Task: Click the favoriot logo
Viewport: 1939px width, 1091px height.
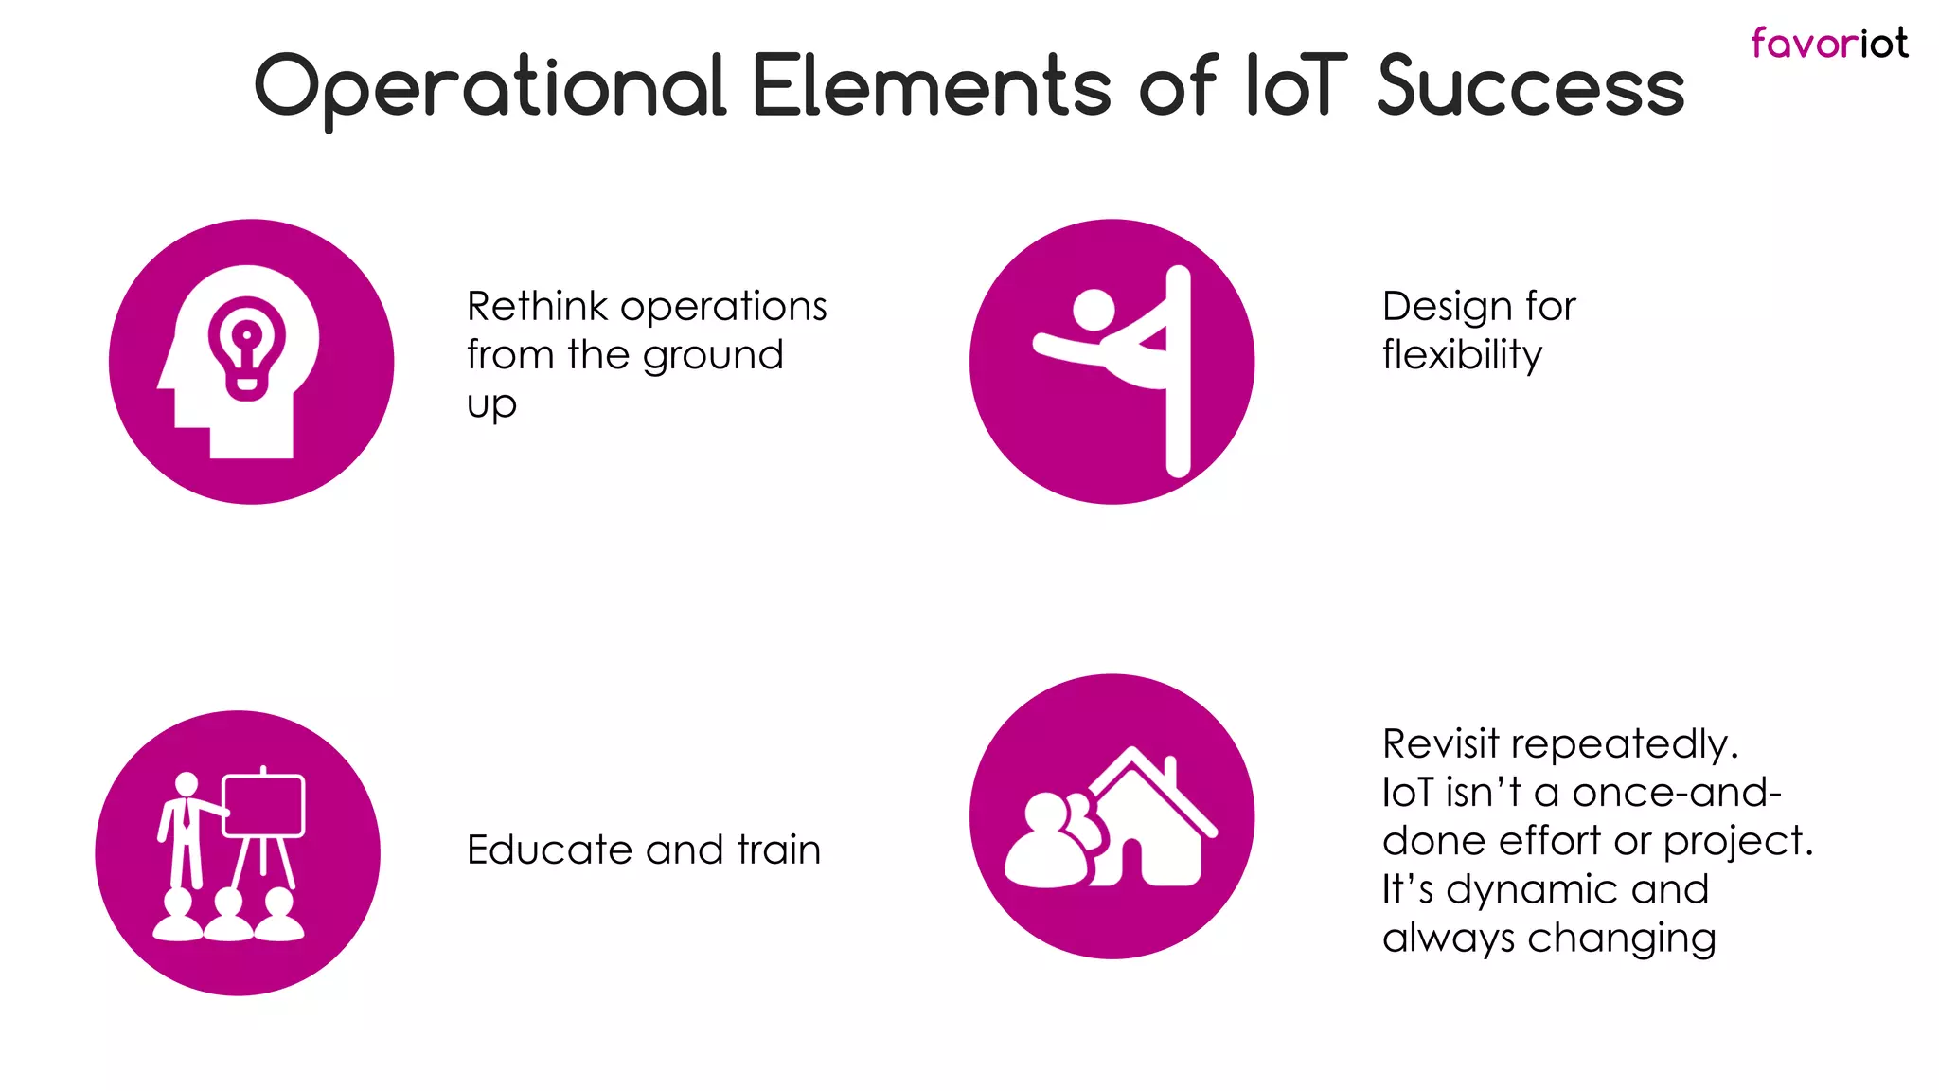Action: [1828, 44]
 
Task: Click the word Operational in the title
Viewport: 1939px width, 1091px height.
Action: [489, 87]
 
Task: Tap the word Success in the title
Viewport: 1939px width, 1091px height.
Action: [1530, 87]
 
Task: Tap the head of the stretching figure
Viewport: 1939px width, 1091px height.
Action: [1094, 310]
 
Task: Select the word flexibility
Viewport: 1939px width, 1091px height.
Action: [1462, 355]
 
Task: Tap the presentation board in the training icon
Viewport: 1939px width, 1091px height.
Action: [263, 806]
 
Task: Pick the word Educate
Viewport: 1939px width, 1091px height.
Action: [549, 850]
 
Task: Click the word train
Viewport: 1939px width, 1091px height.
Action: [778, 850]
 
